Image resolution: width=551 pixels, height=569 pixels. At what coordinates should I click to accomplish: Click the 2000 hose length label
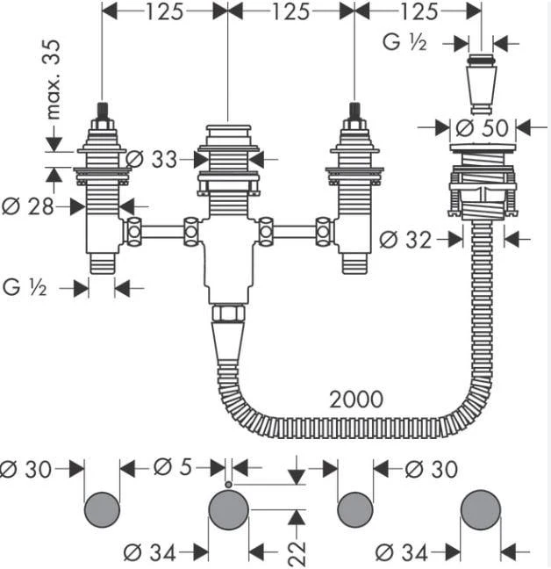pos(356,400)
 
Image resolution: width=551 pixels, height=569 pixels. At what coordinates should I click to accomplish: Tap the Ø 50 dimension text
pos(483,127)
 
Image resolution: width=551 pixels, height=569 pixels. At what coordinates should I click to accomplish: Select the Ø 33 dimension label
pos(152,159)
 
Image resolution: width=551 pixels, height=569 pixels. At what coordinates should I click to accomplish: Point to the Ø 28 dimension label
pos(27,206)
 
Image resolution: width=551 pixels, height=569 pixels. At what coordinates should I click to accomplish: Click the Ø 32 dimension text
pos(405,240)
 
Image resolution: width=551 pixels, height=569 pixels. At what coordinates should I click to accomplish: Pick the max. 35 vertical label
pos(54,79)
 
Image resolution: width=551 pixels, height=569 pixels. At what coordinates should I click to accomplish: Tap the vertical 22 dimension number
pos(297,553)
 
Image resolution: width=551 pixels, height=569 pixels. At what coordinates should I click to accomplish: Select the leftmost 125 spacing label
pos(164,12)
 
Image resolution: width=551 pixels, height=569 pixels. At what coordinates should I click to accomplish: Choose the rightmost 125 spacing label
pos(419,12)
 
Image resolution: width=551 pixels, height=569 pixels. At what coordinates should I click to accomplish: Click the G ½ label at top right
pos(404,42)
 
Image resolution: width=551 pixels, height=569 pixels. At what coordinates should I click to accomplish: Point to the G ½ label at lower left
pos(25,288)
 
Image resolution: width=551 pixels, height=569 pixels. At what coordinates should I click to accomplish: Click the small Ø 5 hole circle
pos(228,485)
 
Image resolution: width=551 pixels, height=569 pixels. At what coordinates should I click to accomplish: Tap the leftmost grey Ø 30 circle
pos(102,509)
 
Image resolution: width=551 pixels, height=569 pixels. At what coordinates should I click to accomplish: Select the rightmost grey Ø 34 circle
pos(481,509)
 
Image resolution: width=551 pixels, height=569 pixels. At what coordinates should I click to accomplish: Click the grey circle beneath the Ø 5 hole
pos(229,509)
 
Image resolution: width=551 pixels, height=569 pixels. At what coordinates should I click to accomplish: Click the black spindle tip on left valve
pos(102,111)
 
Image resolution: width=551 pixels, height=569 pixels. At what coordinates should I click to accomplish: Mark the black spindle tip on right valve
pos(354,111)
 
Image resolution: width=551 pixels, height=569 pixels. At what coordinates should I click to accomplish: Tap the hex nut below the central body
pos(228,313)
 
